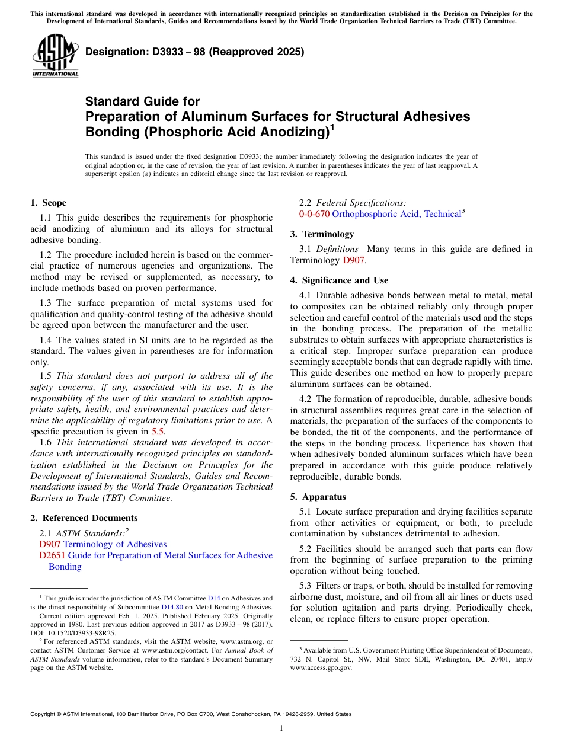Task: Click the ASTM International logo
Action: click(x=55, y=56)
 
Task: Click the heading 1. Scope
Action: click(x=48, y=203)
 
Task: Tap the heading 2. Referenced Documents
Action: click(x=84, y=518)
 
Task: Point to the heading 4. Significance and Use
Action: click(x=339, y=280)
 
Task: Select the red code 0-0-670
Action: click(x=314, y=214)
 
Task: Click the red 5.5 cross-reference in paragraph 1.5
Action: click(x=158, y=432)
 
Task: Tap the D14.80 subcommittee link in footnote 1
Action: click(x=172, y=607)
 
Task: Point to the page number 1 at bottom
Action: click(x=281, y=729)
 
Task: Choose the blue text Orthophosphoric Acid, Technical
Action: click(x=396, y=214)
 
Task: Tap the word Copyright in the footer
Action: click(x=45, y=714)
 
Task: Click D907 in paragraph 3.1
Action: click(x=353, y=260)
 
